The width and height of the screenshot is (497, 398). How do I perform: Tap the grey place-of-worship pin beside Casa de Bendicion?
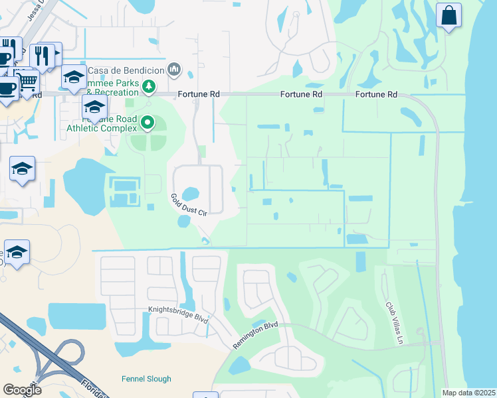174,68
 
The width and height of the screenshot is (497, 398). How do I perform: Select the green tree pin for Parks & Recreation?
149,86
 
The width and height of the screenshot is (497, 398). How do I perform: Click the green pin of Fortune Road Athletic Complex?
149,123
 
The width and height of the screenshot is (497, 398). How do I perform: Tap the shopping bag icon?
449,15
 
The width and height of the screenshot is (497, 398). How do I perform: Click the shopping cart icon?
27,82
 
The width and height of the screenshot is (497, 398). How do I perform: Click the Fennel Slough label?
146,379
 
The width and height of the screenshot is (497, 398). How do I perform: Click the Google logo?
22,390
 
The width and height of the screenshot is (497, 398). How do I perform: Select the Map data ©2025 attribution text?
468,393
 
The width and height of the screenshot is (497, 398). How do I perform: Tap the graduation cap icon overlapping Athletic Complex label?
95,107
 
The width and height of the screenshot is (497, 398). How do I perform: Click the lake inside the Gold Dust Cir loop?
190,194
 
